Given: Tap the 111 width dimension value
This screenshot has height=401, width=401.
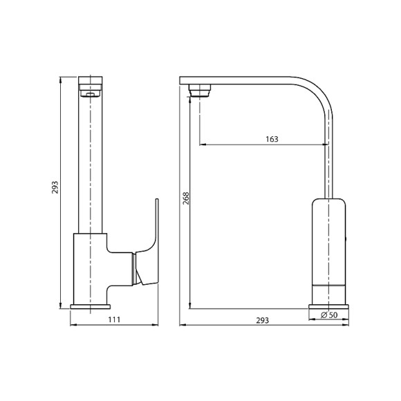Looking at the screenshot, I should click(114, 319).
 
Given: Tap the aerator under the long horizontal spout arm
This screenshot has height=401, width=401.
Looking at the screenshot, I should click(200, 88).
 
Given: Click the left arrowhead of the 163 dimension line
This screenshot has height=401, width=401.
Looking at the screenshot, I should click(202, 144).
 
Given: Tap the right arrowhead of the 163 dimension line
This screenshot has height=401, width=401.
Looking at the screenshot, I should click(325, 144).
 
